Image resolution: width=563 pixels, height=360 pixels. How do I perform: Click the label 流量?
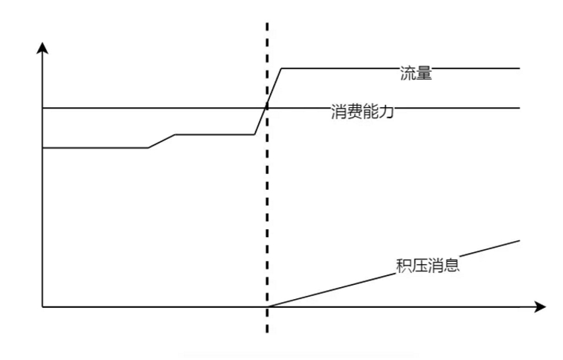[416, 73]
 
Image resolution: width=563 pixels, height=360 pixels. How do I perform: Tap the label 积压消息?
[428, 264]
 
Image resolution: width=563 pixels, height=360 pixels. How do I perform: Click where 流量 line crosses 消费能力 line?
[266, 108]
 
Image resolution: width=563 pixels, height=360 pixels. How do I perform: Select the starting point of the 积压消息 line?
[267, 306]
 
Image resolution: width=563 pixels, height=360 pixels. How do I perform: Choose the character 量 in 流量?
[424, 73]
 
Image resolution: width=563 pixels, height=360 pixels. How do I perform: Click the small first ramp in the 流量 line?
[161, 141]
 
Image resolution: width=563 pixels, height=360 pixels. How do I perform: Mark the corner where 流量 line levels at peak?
[280, 68]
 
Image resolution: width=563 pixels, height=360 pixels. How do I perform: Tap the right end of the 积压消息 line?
[518, 240]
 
